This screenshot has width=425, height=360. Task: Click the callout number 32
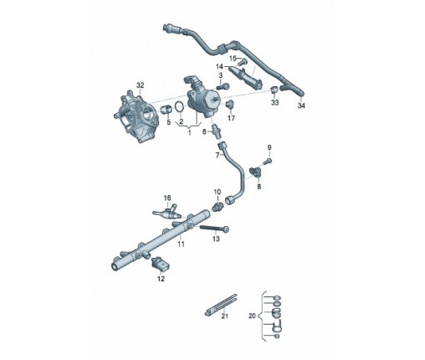point(140,85)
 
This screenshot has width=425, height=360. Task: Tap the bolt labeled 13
point(214,229)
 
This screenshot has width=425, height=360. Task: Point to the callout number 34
point(301,105)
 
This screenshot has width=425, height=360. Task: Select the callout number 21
point(225,316)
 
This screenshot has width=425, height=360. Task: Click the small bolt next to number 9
point(268,162)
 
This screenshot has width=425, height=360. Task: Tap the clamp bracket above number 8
point(256,172)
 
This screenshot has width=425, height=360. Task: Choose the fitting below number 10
point(218,207)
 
